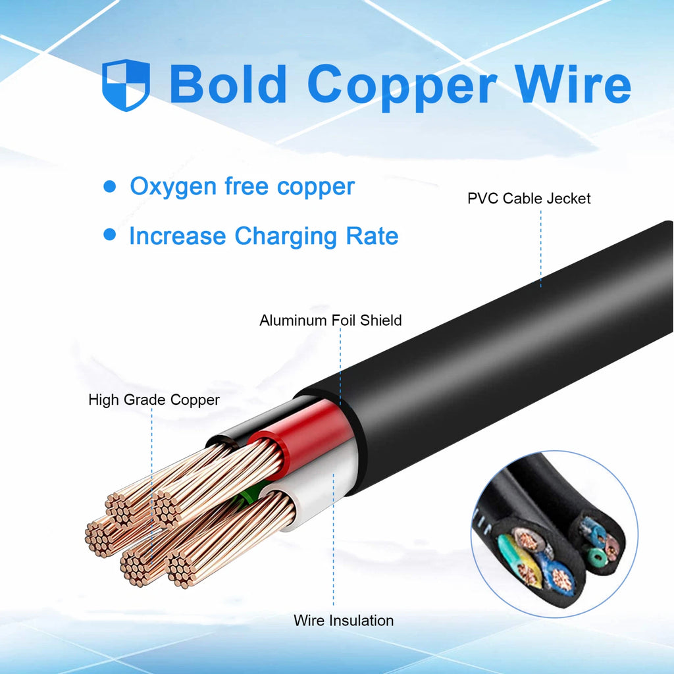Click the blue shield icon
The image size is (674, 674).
click(126, 85)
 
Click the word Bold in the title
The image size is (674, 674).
click(228, 84)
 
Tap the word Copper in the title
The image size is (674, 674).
click(402, 88)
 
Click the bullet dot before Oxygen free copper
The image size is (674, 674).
click(110, 186)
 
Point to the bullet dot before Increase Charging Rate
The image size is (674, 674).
click(110, 235)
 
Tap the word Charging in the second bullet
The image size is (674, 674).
click(286, 237)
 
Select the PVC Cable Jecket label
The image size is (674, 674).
click(529, 199)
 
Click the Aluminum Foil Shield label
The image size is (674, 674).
click(330, 321)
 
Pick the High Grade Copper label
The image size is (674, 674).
click(154, 400)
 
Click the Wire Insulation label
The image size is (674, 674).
click(344, 621)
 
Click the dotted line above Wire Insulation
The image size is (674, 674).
click(334, 540)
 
